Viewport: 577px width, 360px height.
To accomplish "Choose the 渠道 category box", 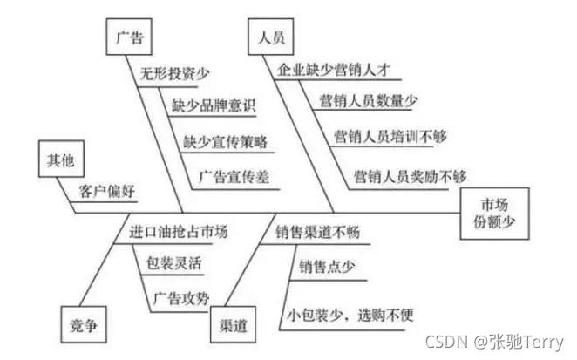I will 234,328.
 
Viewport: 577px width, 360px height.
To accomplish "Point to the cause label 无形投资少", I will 175,74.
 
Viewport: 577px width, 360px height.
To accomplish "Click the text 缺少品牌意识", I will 214,106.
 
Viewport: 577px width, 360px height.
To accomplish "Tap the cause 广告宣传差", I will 235,175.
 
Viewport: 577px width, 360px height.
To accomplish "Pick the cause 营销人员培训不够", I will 390,137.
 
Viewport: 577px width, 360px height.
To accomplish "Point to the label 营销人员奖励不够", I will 411,175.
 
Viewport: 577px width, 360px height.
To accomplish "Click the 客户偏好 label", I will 108,190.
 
